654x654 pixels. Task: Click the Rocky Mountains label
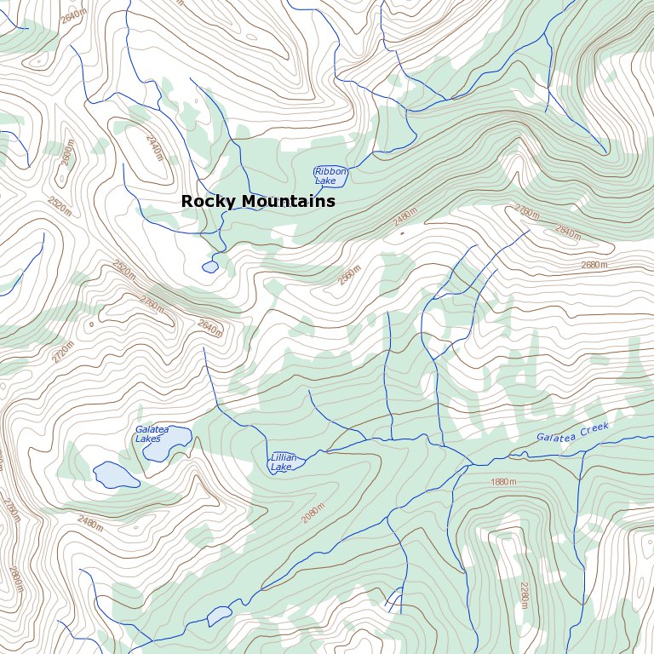click(258, 202)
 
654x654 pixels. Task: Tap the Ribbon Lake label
click(330, 176)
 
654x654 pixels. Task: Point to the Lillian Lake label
click(284, 462)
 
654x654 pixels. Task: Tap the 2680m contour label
click(594, 265)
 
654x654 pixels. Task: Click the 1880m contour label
click(503, 483)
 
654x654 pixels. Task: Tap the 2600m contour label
click(68, 157)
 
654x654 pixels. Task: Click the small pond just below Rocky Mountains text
click(209, 267)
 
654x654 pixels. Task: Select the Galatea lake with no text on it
click(115, 475)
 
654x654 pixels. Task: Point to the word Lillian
click(284, 457)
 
